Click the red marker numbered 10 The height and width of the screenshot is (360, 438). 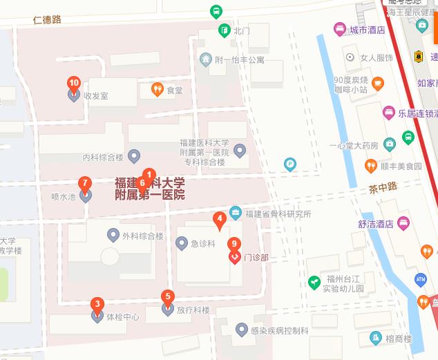pos(74,84)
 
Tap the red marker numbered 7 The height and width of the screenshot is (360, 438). pos(84,184)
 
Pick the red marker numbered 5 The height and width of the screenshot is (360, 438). pos(167,297)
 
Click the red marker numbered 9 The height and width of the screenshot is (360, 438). pos(235,243)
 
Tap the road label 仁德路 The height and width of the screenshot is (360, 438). pos(47,19)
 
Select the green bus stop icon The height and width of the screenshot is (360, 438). pos(216,11)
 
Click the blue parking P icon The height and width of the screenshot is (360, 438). pos(290,164)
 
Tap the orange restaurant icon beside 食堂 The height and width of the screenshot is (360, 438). pos(157,89)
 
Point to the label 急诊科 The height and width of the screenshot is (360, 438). pos(203,243)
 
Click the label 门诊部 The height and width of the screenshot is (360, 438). pos(256,258)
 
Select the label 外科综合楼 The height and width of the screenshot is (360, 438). pos(142,236)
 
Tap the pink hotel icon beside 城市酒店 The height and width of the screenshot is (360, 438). pos(339,30)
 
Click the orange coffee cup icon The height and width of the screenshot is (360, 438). pos(377,84)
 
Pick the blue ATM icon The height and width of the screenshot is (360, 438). pos(421,278)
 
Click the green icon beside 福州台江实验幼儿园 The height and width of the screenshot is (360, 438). pos(314,282)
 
